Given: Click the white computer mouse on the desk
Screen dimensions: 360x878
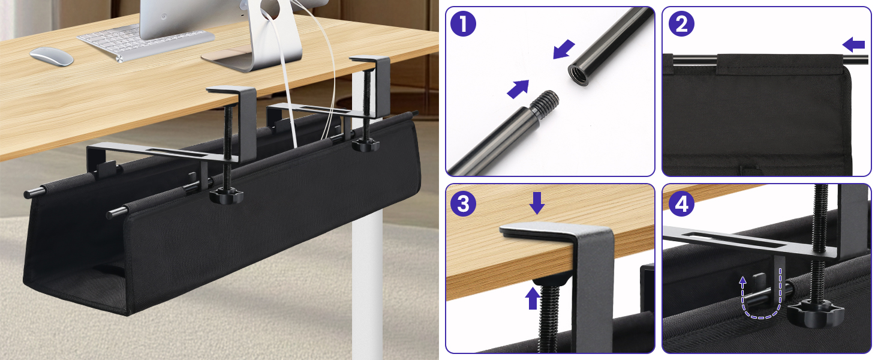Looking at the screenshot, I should click(x=52, y=56).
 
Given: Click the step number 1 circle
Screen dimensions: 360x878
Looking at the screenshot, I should click(x=463, y=25).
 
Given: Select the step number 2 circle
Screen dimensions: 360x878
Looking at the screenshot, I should click(x=680, y=25).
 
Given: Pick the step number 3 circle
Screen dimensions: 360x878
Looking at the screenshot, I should click(x=463, y=204).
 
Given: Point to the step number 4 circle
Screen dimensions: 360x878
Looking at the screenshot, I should click(x=680, y=204).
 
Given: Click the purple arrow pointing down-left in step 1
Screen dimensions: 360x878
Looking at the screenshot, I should click(x=564, y=49).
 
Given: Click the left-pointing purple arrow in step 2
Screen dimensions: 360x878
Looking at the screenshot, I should click(x=853, y=44).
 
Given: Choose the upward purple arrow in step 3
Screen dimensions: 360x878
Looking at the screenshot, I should click(x=532, y=298).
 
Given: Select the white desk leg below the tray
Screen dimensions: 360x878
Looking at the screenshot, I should click(x=367, y=288).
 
